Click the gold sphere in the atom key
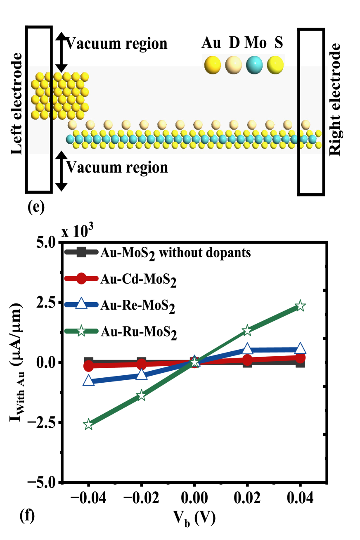[213, 65]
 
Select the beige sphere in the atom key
[234, 65]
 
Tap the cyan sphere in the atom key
[254, 65]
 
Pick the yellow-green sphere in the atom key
[275, 65]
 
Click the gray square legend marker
[81, 252]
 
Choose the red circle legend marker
[81, 278]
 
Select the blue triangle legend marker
[81, 304]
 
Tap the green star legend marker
[81, 331]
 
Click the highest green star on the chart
[300, 306]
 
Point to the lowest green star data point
[88, 424]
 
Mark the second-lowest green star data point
[141, 395]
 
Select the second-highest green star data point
[247, 330]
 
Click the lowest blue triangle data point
[88, 381]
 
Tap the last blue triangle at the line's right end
[300, 348]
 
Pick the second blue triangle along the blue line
[142, 374]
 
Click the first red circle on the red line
[88, 366]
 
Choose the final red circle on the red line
[300, 358]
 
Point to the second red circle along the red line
[142, 364]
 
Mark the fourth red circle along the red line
[247, 360]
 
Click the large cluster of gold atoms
[60, 96]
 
